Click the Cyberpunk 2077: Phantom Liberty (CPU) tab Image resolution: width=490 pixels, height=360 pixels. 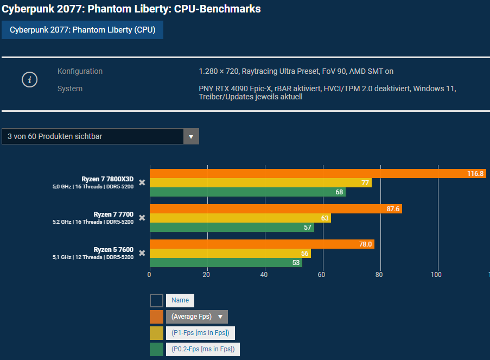click(82, 30)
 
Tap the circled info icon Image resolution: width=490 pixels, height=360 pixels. click(29, 80)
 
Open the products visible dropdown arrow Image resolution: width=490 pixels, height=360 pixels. click(191, 136)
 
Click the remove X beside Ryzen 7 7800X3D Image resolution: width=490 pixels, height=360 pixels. click(142, 182)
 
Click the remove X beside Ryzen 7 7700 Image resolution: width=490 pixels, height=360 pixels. click(142, 218)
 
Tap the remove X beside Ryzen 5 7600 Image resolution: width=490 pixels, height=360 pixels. click(142, 253)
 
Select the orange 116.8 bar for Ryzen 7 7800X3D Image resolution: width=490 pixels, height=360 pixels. click(317, 174)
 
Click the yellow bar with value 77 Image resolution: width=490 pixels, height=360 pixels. click(260, 183)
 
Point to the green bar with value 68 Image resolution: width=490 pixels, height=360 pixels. click(247, 192)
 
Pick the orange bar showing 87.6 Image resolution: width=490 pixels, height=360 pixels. click(276, 209)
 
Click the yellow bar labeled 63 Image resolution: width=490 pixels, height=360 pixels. click(240, 218)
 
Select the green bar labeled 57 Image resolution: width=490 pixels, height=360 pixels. click(232, 228)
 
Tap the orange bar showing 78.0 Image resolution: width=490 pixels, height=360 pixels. click(262, 244)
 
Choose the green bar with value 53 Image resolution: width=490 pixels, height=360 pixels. click(226, 263)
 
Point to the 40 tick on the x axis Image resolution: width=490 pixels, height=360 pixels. click(264, 275)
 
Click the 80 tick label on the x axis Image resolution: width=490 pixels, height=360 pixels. click(379, 275)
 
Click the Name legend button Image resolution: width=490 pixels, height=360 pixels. click(180, 300)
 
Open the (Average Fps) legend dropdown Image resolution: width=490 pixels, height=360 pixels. click(197, 317)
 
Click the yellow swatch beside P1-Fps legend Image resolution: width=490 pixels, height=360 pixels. click(156, 333)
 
